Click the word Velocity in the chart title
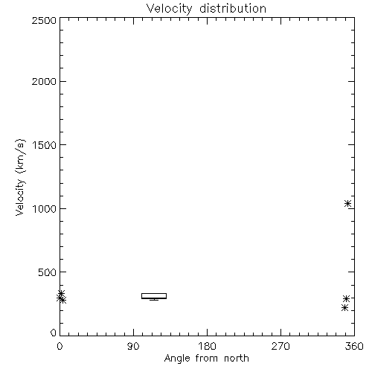pyautogui.click(x=169, y=9)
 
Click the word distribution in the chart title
pyautogui.click(x=233, y=8)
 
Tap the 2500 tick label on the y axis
pyautogui.click(x=44, y=20)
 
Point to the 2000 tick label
pyautogui.click(x=44, y=81)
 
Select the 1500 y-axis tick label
pyautogui.click(x=45, y=145)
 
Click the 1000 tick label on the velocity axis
pyautogui.click(x=45, y=208)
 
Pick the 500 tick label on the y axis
pyautogui.click(x=48, y=272)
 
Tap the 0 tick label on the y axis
pyautogui.click(x=54, y=333)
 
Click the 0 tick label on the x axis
pyautogui.click(x=60, y=346)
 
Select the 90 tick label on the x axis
pyautogui.click(x=133, y=346)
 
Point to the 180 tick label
pyautogui.click(x=207, y=346)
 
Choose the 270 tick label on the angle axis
pyautogui.click(x=280, y=346)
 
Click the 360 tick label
pyautogui.click(x=354, y=346)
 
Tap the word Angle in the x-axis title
pyautogui.click(x=177, y=359)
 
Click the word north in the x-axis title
pyautogui.click(x=237, y=359)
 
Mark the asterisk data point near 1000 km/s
pyautogui.click(x=347, y=204)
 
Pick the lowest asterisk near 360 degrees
pyautogui.click(x=344, y=308)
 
